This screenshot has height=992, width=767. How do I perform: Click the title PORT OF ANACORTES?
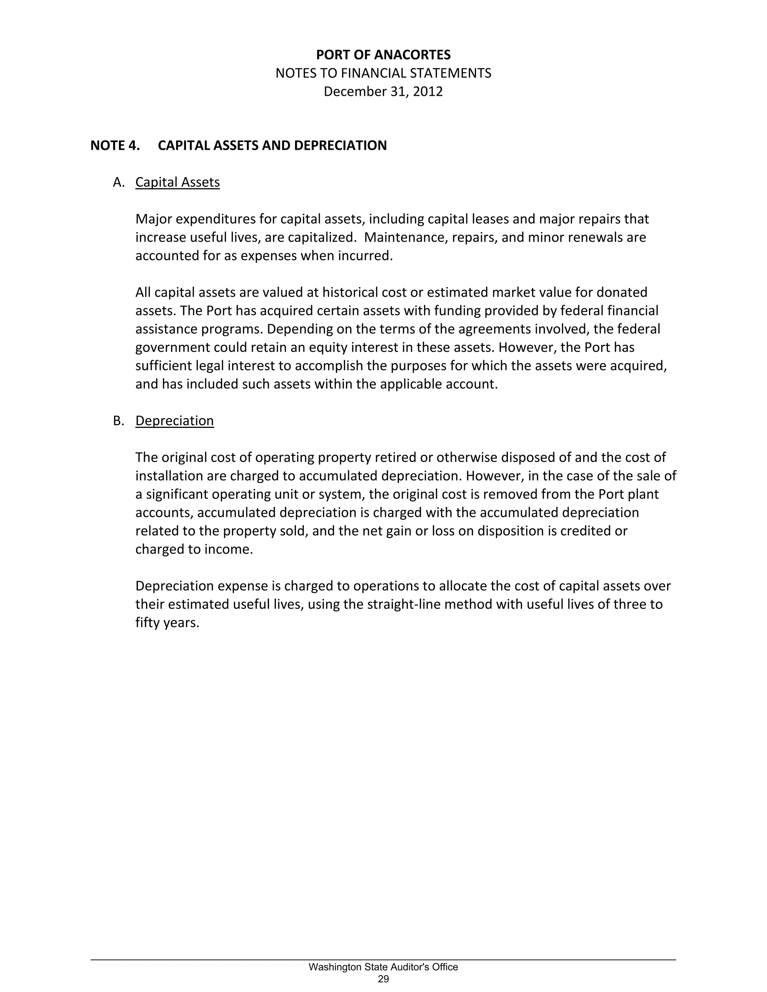pos(383,55)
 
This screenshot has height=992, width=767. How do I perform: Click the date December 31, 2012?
pos(383,92)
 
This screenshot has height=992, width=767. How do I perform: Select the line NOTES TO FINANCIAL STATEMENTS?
pos(383,73)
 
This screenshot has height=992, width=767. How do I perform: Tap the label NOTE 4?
pos(115,145)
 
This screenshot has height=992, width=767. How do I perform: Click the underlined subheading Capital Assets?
pos(177,182)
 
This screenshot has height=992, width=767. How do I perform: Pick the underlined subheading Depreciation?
pos(175,421)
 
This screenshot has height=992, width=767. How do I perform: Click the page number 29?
pos(383,979)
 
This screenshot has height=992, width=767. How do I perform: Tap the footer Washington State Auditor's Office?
pos(383,967)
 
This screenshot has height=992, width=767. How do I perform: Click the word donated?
pos(621,292)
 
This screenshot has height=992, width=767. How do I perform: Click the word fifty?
pos(147,623)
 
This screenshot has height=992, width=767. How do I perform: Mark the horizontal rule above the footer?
pos(383,960)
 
